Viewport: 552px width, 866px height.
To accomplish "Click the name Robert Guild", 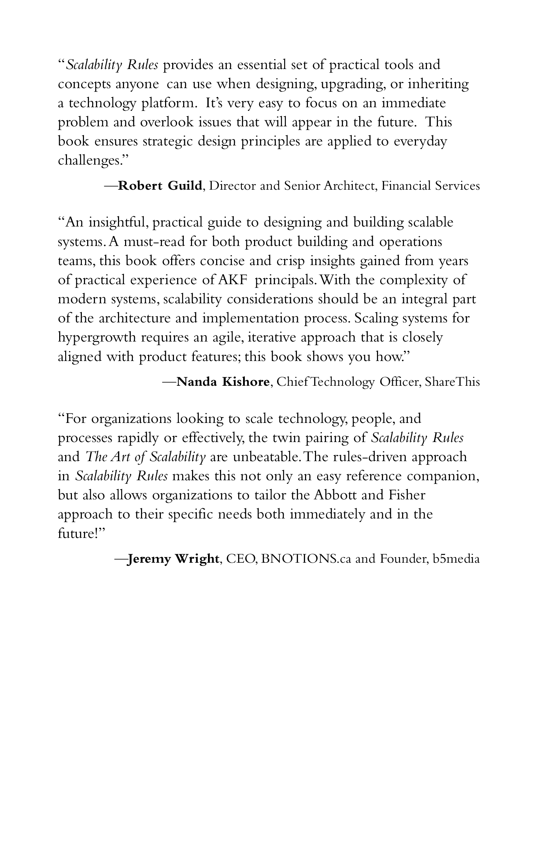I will [160, 185].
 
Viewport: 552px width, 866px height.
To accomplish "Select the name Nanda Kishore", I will [223, 382].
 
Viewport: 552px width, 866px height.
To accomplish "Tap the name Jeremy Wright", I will [173, 559].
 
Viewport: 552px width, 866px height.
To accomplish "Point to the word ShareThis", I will [452, 382].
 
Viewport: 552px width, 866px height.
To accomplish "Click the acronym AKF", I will [234, 280].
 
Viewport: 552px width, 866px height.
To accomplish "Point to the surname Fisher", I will [407, 495].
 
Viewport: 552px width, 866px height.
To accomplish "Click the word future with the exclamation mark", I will [79, 534].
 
